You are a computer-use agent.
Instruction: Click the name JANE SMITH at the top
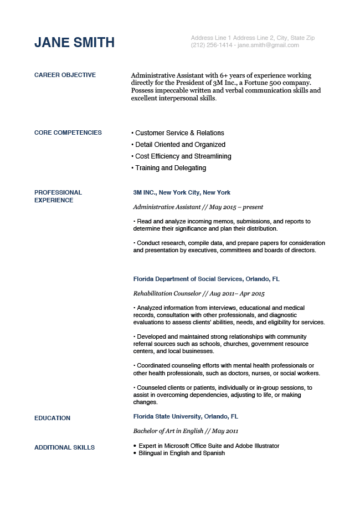point(74,43)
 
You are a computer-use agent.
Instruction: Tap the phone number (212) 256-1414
point(212,45)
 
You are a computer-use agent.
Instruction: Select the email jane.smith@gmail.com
point(268,45)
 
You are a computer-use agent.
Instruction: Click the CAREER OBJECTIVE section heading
point(65,75)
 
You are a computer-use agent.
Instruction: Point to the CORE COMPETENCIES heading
point(68,132)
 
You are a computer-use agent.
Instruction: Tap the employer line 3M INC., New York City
point(182,192)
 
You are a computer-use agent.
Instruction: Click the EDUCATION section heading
point(52,418)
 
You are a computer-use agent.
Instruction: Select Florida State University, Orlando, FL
point(186,416)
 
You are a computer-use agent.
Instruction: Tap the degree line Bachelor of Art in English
point(168,431)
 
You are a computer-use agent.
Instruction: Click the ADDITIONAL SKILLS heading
point(64,447)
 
